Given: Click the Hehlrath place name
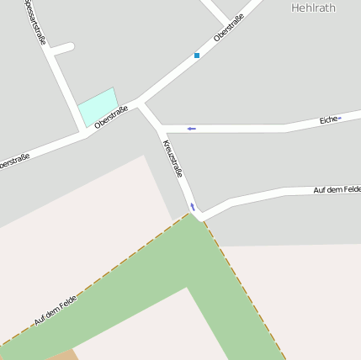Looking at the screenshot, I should point(313,8).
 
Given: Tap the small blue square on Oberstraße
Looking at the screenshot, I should point(197,56).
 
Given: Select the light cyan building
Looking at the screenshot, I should point(97,107).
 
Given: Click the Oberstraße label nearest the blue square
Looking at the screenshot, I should point(229,28).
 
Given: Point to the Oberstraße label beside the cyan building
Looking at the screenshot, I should point(111,117).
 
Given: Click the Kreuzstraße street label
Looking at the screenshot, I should point(173,158).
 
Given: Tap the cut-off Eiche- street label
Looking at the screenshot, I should point(331,120).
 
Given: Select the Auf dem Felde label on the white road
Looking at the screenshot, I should point(337,190).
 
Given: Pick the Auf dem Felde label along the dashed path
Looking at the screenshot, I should point(56,310).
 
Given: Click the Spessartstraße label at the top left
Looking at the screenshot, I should point(35,21).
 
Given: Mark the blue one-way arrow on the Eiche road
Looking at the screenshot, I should point(192,129).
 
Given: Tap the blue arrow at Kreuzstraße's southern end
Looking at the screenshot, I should point(193,206).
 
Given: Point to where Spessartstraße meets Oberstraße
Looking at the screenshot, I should point(84,133).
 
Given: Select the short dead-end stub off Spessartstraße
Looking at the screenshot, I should point(64,49).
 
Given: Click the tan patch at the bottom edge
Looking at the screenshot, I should point(61,355).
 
